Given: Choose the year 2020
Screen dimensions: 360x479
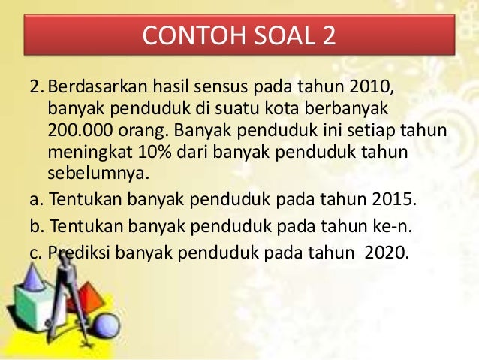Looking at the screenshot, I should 386,253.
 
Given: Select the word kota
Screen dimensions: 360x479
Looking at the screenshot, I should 279,109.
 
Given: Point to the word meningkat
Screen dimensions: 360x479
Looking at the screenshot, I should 86,153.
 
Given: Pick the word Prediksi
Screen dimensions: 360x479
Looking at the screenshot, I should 80,253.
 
